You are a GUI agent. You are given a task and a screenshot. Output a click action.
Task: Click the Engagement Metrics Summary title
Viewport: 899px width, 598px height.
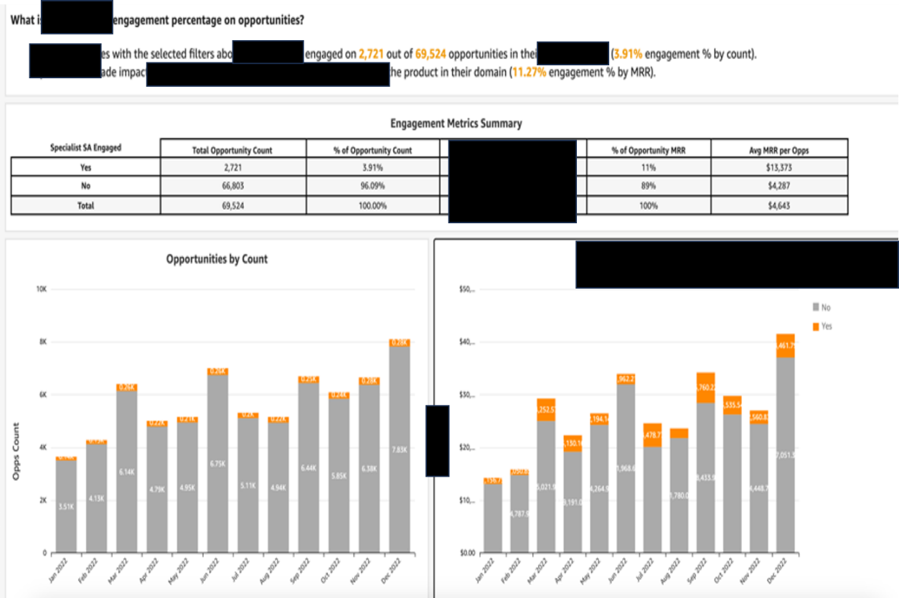pos(456,123)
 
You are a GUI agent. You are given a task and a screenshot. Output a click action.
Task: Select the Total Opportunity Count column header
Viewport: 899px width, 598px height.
pos(232,150)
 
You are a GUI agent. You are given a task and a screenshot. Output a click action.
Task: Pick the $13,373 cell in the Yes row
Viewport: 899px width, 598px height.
pos(778,167)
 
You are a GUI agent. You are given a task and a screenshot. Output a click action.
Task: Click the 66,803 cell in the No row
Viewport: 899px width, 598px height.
pos(232,186)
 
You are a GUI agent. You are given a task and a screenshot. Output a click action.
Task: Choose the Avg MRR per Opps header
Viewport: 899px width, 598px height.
pos(778,150)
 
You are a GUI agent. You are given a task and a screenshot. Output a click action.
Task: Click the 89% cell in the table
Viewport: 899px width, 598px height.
pos(649,186)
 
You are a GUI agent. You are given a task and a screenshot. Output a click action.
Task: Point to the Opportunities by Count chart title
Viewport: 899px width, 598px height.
pos(217,259)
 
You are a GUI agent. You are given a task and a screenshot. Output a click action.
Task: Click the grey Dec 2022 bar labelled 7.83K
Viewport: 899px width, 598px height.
pos(400,450)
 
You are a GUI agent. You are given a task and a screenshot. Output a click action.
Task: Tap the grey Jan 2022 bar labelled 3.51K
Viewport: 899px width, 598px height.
pos(66,506)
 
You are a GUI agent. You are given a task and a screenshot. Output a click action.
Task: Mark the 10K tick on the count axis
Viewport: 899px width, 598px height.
pos(41,289)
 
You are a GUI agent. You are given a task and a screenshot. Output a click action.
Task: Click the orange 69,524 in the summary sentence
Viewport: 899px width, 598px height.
pos(430,54)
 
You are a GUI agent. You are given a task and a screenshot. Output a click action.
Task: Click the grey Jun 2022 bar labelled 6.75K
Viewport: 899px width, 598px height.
pos(217,464)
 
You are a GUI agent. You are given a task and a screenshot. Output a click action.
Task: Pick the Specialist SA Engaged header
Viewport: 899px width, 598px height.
pos(85,148)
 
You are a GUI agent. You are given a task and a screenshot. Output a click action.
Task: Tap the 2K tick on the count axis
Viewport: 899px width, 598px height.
pos(42,500)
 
